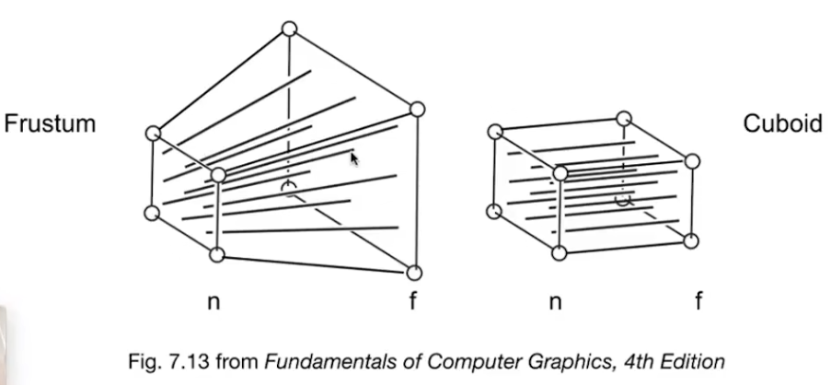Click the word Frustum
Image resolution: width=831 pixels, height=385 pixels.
point(50,123)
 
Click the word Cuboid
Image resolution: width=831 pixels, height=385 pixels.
point(782,123)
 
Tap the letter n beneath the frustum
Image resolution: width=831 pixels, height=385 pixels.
point(214,302)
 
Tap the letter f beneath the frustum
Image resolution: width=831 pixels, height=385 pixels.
point(414,301)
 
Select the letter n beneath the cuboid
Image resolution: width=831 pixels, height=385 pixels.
point(556,302)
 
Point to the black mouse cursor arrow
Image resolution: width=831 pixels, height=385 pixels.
point(354,158)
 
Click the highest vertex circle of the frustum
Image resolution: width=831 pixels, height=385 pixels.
point(289,29)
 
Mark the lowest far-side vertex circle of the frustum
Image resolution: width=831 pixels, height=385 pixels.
point(413,273)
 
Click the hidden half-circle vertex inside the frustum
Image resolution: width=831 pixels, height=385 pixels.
point(289,190)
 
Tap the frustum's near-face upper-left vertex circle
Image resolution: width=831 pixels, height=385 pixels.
point(154,134)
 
